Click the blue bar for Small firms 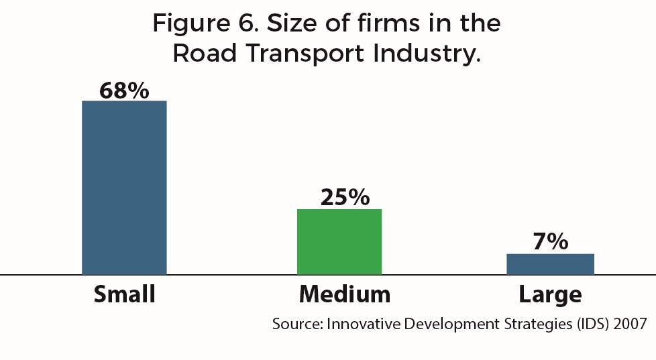point(124,188)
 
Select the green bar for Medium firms point(339,242)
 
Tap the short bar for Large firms point(550,264)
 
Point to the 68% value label point(124,91)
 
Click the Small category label point(125,294)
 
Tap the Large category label point(551,295)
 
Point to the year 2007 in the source point(631,324)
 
